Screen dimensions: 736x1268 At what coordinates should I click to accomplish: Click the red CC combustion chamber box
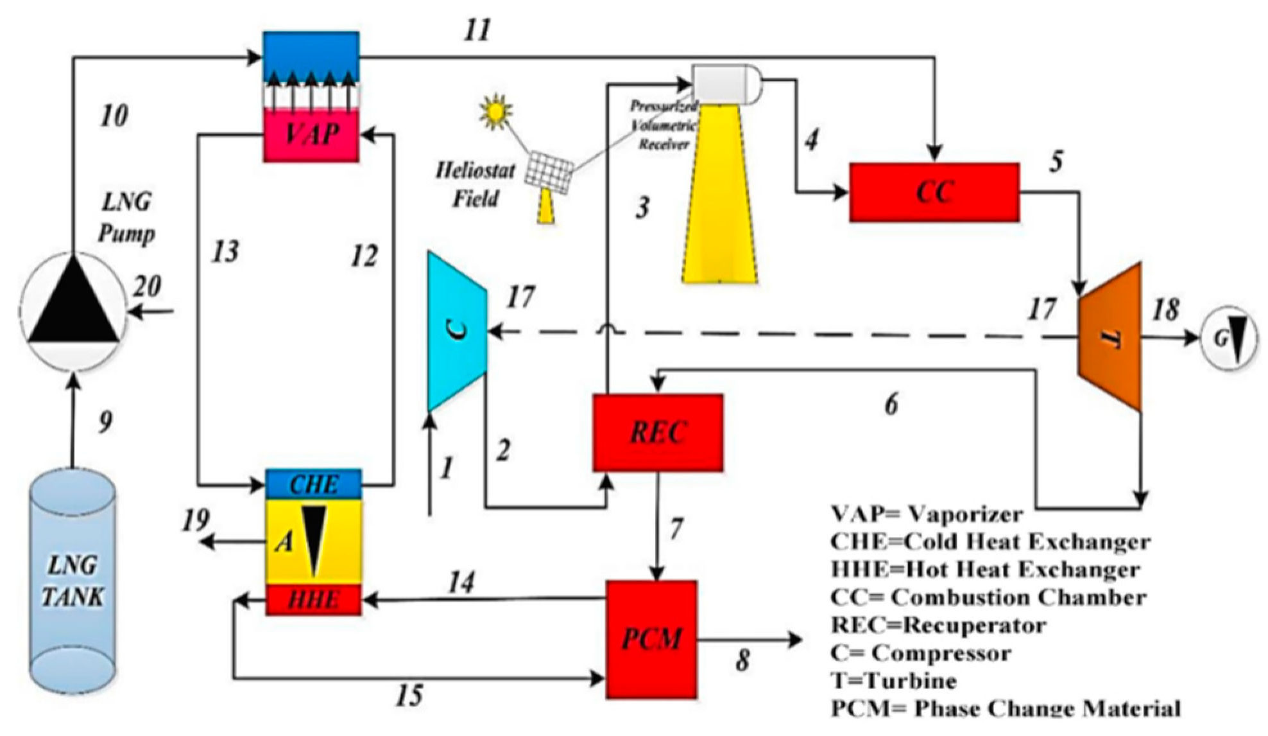pos(934,192)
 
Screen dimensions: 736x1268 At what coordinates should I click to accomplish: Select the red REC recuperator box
pos(658,432)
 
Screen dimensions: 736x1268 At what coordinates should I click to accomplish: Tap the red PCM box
pos(651,639)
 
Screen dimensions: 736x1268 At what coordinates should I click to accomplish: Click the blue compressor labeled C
pos(457,331)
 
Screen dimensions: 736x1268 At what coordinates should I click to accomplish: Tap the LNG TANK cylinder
pos(73,581)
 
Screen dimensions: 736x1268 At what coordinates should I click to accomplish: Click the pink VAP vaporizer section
pos(311,134)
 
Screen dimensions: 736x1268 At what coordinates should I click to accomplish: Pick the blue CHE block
pos(313,484)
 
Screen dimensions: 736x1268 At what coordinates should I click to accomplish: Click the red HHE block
pos(313,599)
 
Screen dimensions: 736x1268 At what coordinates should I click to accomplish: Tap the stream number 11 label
pos(477,30)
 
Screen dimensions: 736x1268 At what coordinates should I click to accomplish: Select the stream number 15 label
pos(409,696)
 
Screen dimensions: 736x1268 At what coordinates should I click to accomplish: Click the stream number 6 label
pos(891,404)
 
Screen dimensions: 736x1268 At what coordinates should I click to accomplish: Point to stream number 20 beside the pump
pos(147,286)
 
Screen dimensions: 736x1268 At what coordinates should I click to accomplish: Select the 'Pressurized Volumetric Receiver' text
pos(664,125)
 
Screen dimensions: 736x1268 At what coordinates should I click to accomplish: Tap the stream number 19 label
pos(195,520)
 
